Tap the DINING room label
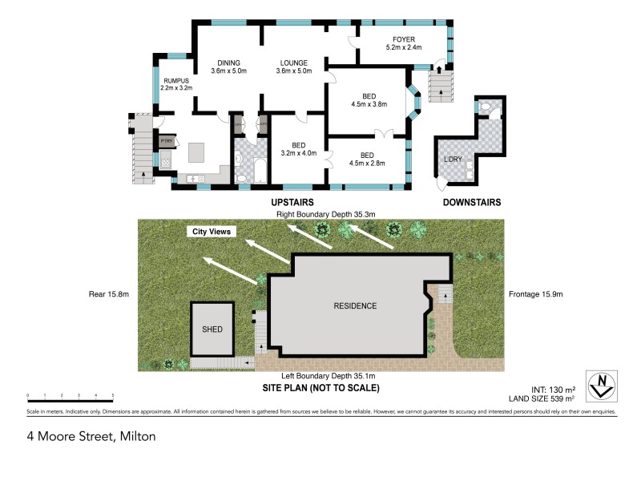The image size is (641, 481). (228, 63)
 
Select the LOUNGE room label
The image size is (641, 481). (294, 63)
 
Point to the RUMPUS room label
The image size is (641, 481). (176, 81)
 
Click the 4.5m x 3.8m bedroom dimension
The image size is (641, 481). (369, 104)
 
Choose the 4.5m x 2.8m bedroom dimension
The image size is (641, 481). (367, 163)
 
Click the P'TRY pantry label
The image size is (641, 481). (167, 142)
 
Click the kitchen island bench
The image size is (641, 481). (197, 152)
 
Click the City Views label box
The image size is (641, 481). (210, 232)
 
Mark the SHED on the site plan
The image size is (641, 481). (212, 329)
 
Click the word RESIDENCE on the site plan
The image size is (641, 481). (355, 306)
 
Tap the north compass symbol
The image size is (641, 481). (601, 387)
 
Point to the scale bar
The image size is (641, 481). (70, 395)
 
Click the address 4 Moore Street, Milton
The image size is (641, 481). (90, 437)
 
